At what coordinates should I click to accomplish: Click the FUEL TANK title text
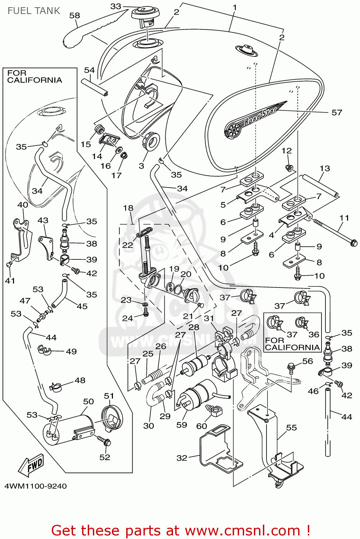[x=34, y=11]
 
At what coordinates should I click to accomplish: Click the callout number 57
[x=337, y=112]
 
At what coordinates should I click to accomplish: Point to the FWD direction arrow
[x=31, y=466]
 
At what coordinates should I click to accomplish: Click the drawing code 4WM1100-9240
[x=36, y=486]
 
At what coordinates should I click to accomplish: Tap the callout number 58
[x=74, y=15]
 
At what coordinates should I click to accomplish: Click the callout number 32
[x=182, y=458]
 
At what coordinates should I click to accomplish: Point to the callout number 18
[x=128, y=208]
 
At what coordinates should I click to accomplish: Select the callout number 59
[x=182, y=425]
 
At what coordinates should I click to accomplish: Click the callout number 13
[x=324, y=168]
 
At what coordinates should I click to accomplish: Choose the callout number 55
[x=291, y=428]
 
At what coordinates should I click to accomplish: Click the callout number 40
[x=23, y=205]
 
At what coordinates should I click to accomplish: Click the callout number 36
[x=314, y=335]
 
